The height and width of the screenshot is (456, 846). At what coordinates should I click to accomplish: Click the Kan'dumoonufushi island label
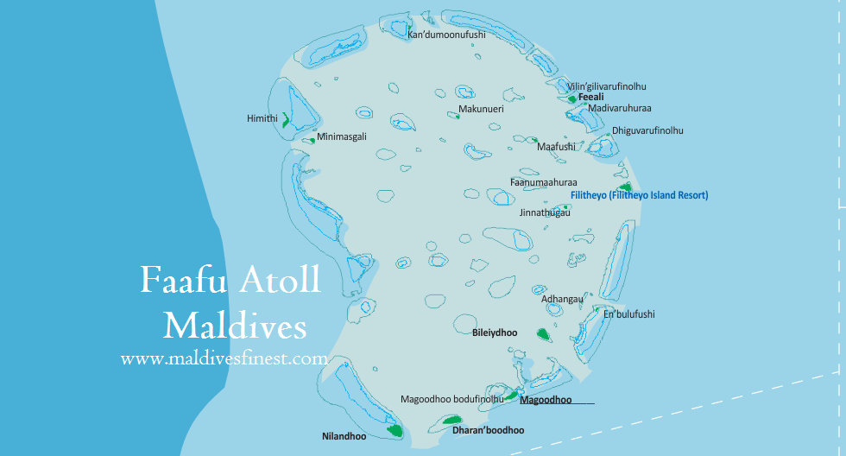[446, 35]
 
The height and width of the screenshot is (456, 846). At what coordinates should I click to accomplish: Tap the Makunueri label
[481, 110]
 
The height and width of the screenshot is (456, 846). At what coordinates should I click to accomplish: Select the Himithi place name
[262, 118]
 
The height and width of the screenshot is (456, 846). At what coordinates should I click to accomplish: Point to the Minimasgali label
[342, 137]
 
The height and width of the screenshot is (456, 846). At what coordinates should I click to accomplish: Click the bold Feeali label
[590, 98]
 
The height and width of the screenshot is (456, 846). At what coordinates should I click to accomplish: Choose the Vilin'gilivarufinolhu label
[606, 86]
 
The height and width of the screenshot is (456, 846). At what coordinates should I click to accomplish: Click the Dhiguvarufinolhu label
[647, 130]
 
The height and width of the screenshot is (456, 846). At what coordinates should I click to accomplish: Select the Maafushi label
[556, 147]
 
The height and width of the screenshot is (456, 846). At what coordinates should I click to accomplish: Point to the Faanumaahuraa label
[543, 182]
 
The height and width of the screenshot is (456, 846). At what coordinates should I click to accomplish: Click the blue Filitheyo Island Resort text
[639, 196]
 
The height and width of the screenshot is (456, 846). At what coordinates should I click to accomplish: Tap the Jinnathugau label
[545, 212]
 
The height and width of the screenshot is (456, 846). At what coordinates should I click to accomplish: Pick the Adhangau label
[561, 300]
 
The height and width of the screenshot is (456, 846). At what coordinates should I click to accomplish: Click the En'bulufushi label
[628, 315]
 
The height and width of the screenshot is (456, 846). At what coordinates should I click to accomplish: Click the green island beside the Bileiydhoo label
[544, 333]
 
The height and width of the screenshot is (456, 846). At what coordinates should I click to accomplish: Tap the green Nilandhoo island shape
[395, 428]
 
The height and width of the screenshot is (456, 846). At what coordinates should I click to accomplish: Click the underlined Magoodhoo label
[546, 400]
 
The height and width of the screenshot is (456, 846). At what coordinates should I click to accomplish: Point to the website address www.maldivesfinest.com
[224, 358]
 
